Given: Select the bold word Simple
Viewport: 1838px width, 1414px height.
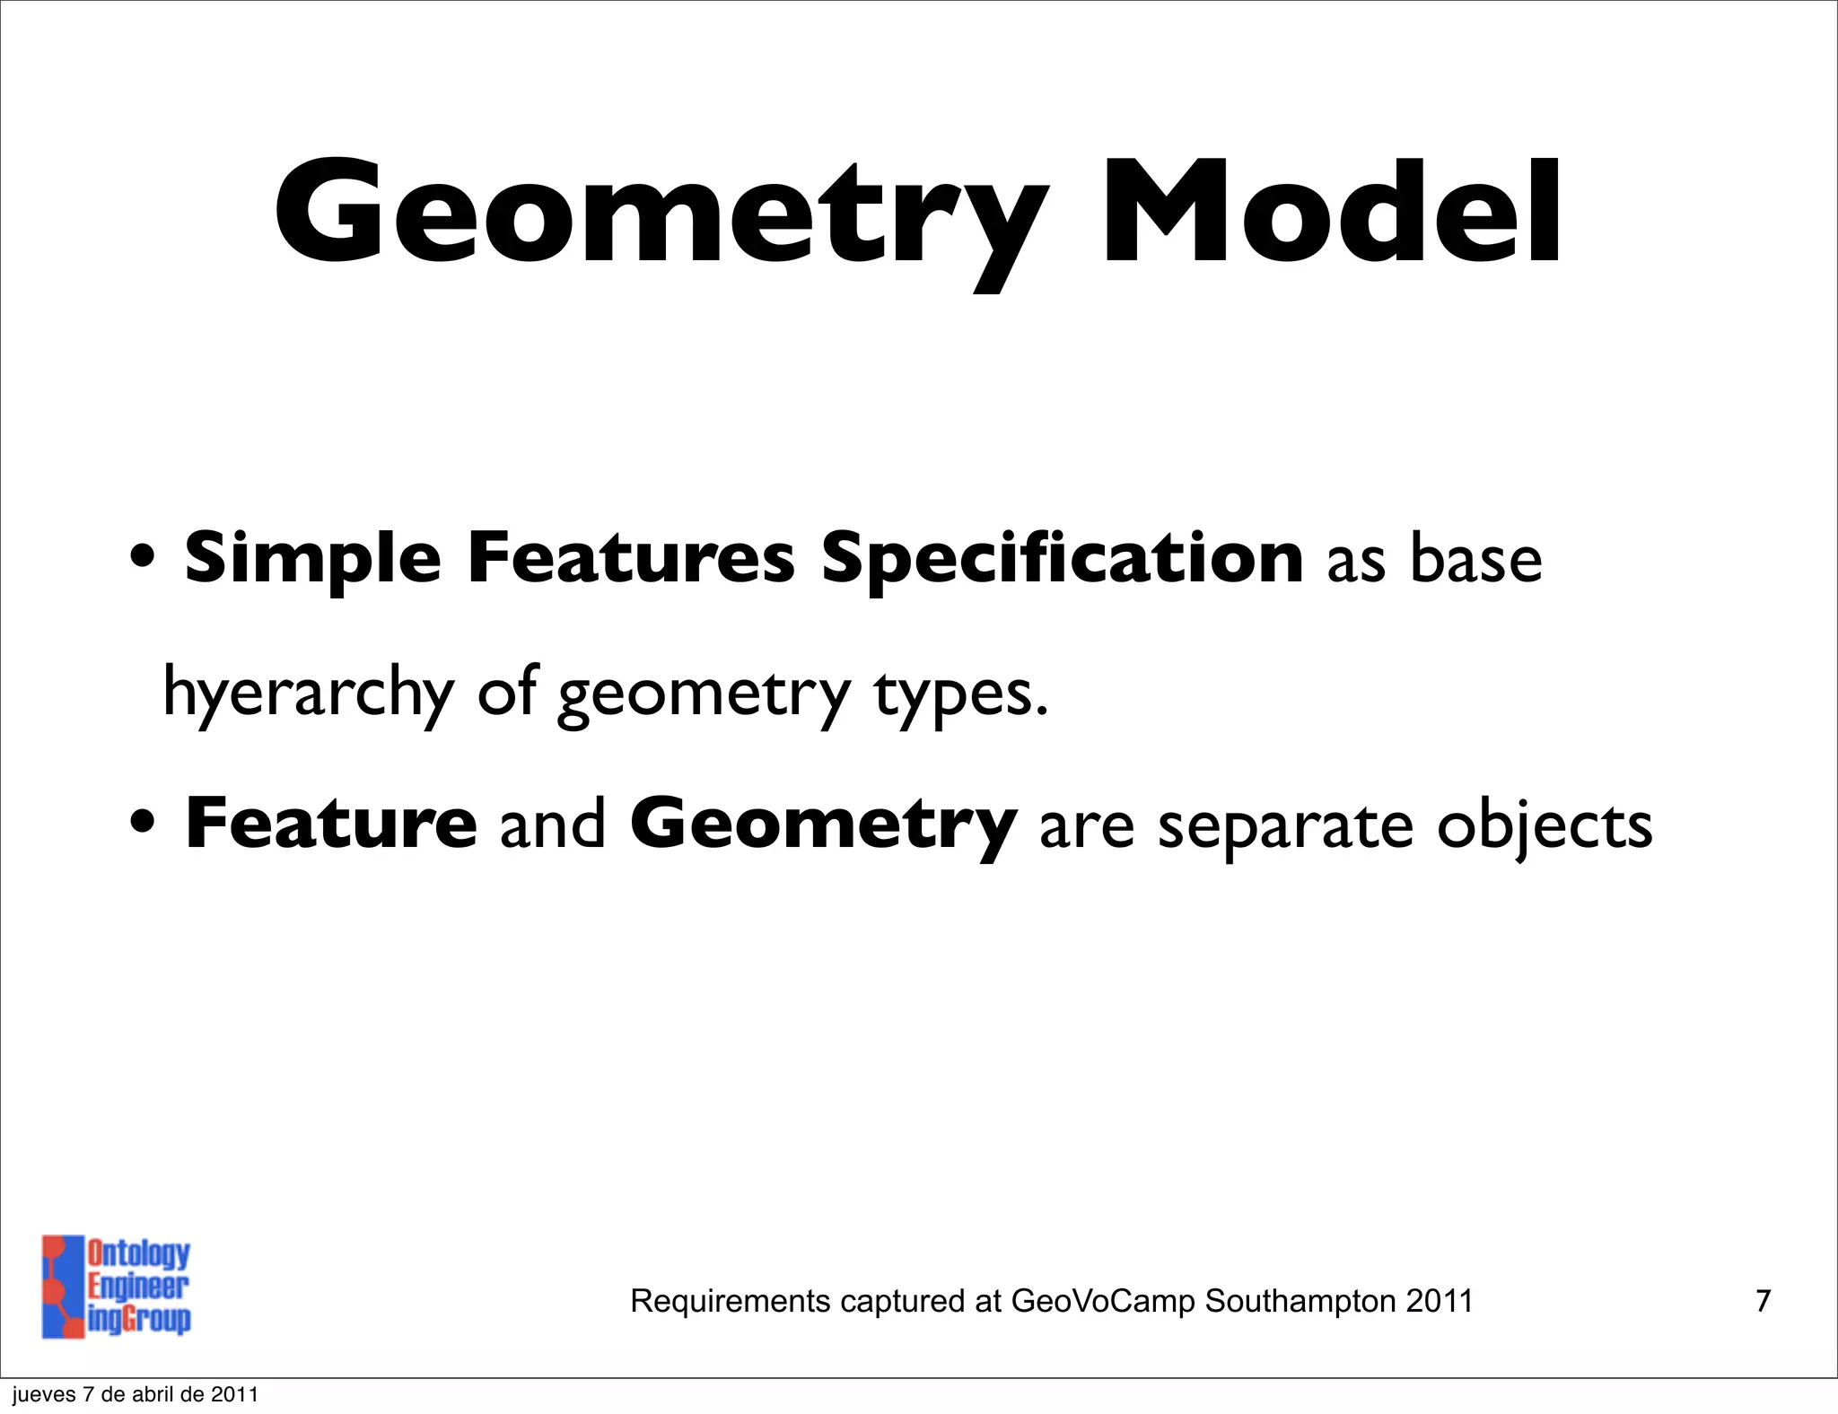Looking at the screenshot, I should coord(312,558).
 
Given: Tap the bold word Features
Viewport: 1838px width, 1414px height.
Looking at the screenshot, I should coord(631,558).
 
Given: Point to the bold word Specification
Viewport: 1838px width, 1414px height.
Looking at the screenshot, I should coord(1062,558).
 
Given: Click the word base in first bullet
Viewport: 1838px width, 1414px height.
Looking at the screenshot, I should coord(1475,560).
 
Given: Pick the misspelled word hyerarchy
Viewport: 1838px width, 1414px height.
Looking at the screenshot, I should coord(308,693).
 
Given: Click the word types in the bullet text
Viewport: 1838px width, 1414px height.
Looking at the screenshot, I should coord(959,693).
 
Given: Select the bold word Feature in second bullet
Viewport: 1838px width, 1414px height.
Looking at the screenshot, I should coord(330,824).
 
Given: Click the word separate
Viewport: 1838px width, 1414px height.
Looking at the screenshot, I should coord(1285,825).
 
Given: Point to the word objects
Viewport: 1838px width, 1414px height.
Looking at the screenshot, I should coord(1544,825).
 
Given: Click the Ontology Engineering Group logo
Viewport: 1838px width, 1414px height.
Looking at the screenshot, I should coord(117,1286).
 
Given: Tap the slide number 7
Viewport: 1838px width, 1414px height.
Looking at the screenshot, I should coord(1763,1300).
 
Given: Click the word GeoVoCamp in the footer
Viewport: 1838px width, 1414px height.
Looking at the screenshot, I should coord(1103,1300).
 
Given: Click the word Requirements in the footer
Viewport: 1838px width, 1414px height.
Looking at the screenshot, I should coord(731,1301).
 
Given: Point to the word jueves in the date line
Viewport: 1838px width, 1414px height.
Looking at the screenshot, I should coord(43,1395).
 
